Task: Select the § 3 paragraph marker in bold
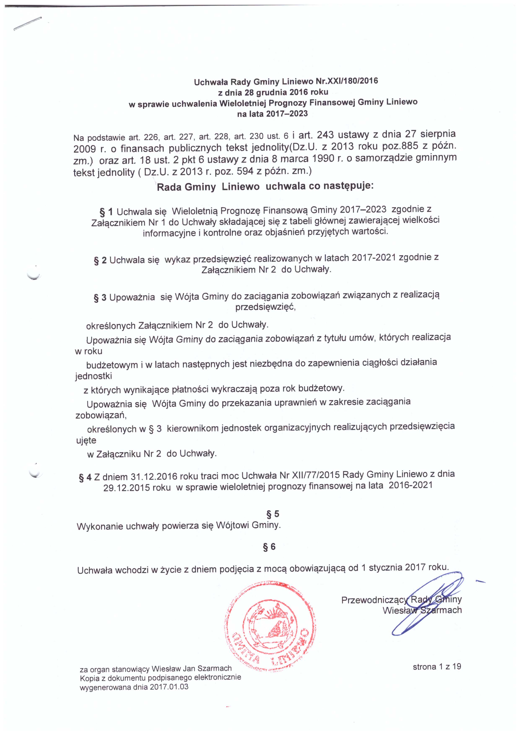pos(100,298)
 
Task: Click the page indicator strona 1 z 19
pos(437,667)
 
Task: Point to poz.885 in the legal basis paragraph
pos(396,147)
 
